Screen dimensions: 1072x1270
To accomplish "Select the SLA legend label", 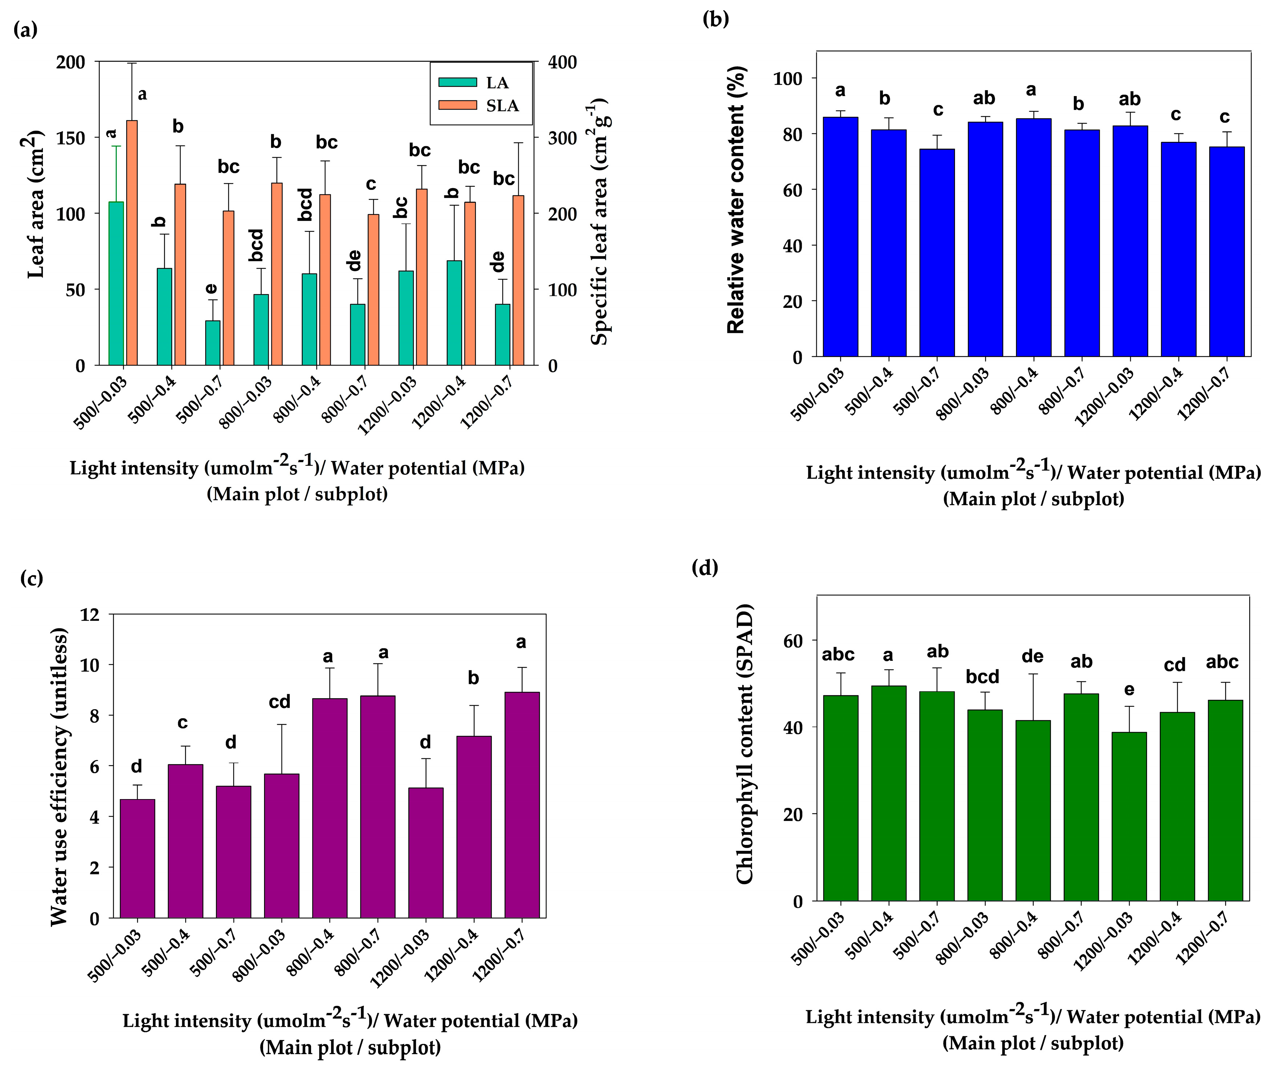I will (x=502, y=106).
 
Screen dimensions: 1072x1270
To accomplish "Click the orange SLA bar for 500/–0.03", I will (x=132, y=243).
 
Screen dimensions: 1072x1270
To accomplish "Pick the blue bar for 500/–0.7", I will (x=936, y=252).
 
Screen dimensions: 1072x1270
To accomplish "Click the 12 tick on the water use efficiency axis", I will (x=90, y=614).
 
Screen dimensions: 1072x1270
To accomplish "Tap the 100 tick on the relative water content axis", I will (x=788, y=78).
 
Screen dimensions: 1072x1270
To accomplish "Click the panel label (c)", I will (x=32, y=577).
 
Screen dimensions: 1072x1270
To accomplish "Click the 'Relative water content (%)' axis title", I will (x=736, y=199).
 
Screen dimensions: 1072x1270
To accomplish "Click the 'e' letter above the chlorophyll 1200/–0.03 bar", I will (x=1128, y=690).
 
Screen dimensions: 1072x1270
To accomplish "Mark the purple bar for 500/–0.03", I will (x=137, y=858).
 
